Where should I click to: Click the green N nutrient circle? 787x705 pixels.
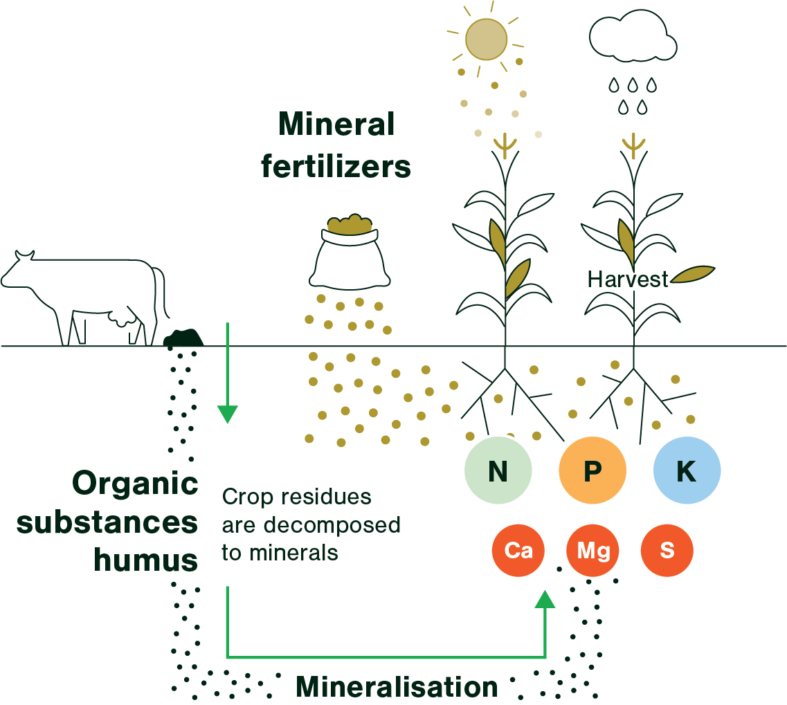coord(498,471)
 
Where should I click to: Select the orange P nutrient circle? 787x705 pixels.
coord(592,471)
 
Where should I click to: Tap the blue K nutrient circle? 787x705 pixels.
coord(687,471)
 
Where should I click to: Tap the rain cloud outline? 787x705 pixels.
coord(631,39)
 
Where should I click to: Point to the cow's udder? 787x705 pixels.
coord(124,318)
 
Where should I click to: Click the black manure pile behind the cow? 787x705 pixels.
coord(183,338)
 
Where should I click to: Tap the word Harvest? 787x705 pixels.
coord(628,280)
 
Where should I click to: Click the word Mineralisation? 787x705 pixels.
coord(397,687)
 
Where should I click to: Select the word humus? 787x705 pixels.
coord(146,560)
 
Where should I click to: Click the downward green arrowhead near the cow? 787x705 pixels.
coord(227,414)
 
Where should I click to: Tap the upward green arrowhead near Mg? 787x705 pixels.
coord(545,598)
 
